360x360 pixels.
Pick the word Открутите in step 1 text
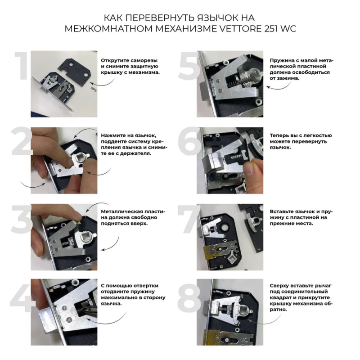click(115, 61)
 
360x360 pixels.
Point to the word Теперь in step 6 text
click(279, 135)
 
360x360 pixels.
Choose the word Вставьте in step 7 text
click(282, 211)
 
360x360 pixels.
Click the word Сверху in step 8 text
click(279, 286)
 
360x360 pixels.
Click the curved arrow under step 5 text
click(279, 86)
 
